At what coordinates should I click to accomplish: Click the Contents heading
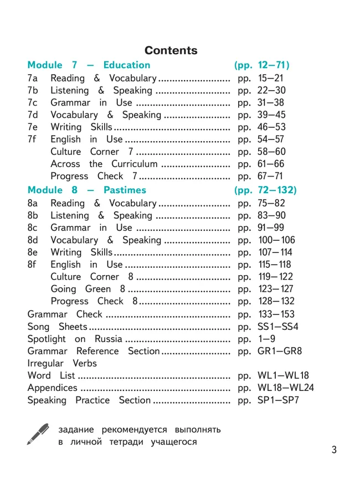(171, 50)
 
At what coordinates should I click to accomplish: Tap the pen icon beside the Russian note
(38, 434)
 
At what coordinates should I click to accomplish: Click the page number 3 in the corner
(334, 450)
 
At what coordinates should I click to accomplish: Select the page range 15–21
(270, 78)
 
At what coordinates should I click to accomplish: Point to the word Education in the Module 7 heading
(126, 65)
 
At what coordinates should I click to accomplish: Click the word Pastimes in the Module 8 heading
(125, 190)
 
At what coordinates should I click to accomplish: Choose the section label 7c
(33, 102)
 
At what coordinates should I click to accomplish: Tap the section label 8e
(33, 252)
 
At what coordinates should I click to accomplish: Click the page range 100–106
(276, 240)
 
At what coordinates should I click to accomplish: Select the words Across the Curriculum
(104, 164)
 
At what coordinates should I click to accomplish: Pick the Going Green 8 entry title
(88, 289)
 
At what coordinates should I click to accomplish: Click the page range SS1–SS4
(277, 327)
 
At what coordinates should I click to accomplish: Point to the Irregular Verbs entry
(62, 363)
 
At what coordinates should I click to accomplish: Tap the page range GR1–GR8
(280, 351)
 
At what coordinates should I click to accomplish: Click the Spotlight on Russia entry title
(75, 339)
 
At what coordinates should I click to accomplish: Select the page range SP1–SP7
(278, 400)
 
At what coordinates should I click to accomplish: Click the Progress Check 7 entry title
(94, 176)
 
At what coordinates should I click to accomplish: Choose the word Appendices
(53, 387)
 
